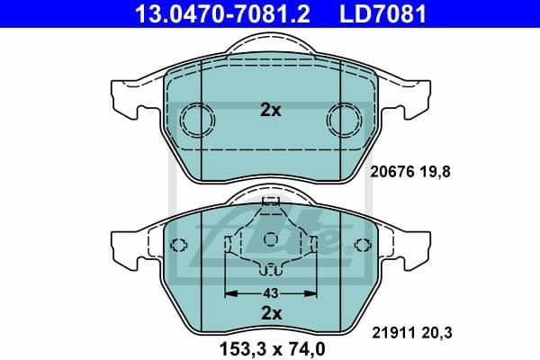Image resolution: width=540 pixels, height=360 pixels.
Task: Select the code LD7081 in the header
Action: [x=382, y=13]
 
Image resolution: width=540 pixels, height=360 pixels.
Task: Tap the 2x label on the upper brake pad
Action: [x=270, y=111]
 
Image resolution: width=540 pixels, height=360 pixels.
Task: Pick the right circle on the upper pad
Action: [x=342, y=120]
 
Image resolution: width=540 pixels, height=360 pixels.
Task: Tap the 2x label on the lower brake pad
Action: [x=270, y=312]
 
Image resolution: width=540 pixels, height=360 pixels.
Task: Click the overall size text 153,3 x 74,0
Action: [x=269, y=346]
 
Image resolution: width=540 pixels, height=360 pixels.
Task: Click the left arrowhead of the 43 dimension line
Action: [x=229, y=293]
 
